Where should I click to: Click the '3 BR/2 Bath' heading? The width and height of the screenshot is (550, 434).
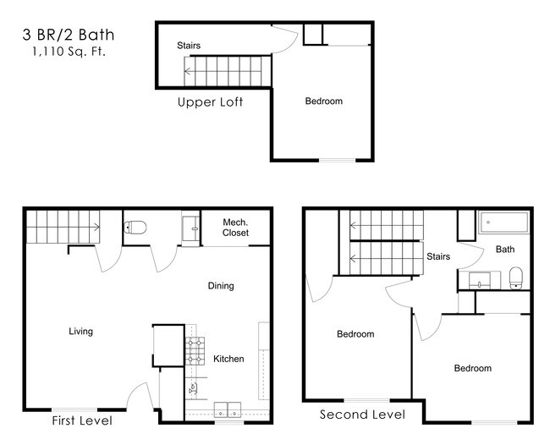point(68,36)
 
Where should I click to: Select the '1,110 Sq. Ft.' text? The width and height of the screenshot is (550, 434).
point(68,52)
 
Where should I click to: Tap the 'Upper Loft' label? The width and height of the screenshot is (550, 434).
point(210,103)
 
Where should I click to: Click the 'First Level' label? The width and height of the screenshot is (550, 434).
point(82,420)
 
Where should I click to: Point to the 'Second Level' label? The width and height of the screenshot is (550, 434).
point(362,415)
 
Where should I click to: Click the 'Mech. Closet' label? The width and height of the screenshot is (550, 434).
point(234,227)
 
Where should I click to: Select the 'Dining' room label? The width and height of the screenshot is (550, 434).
point(221,286)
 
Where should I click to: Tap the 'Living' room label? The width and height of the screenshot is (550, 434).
point(81,332)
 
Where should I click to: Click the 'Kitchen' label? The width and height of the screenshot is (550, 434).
point(228,359)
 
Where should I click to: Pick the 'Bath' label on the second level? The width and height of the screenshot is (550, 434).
point(504,250)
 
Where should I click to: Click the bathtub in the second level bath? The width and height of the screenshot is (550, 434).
point(503,222)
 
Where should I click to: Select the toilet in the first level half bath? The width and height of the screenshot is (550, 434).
point(135,227)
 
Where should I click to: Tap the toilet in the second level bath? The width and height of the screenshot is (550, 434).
point(515,276)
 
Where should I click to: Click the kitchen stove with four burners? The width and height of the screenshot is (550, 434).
point(196,349)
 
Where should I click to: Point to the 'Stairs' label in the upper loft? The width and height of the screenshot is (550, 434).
point(189,46)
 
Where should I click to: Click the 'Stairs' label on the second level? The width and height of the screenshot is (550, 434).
point(437,256)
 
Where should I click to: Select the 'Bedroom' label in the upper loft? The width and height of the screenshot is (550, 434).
point(323,102)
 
